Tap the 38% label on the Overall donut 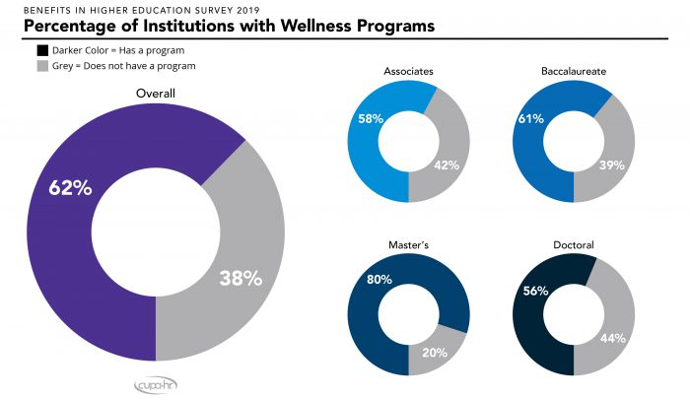[240, 278]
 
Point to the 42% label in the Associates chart [448, 165]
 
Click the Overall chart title [155, 94]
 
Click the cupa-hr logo [155, 382]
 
